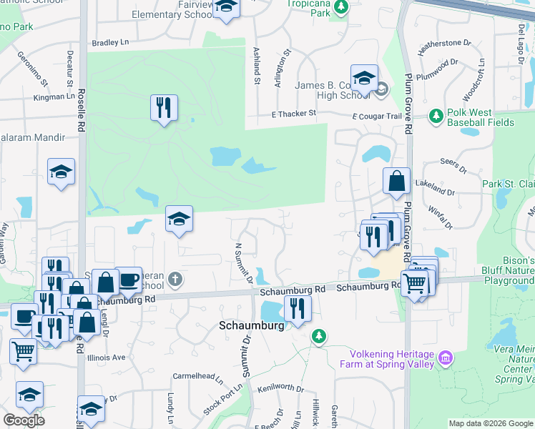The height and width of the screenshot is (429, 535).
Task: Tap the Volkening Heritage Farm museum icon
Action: (446, 356)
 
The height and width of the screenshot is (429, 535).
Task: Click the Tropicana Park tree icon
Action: (341, 7)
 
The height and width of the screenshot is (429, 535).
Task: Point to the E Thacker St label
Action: (293, 113)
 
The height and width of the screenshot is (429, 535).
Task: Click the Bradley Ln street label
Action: (109, 43)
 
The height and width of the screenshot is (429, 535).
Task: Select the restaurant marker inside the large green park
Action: (164, 108)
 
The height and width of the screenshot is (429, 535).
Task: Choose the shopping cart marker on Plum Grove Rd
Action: (415, 282)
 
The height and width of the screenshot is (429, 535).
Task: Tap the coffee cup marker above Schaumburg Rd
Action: (128, 280)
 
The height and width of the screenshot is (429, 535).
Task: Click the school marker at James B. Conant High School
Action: (364, 77)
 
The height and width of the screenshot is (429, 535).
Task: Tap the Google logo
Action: (24, 420)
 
